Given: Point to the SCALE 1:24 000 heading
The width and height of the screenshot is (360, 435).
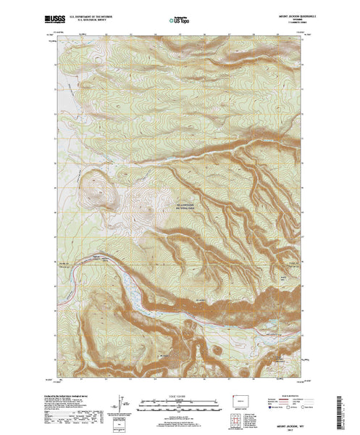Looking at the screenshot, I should pos(179,397).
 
